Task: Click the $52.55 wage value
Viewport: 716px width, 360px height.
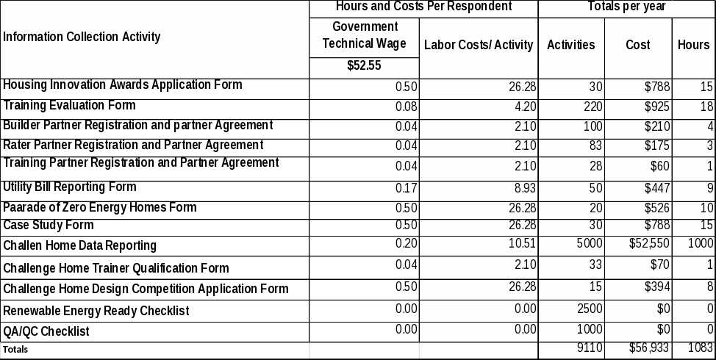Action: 364,65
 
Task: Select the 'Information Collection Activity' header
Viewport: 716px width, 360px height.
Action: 82,37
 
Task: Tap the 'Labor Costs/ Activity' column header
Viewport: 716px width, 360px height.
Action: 479,45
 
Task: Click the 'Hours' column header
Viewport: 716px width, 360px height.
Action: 693,45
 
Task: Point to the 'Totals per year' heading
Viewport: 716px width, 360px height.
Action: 626,7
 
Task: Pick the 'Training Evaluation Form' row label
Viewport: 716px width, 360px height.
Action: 70,105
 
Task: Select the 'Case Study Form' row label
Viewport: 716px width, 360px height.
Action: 49,225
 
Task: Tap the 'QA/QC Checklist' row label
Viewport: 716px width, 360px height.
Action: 46,331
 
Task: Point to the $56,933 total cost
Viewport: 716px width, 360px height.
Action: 648,348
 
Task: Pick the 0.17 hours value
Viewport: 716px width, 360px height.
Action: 407,187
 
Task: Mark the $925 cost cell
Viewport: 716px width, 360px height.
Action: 656,107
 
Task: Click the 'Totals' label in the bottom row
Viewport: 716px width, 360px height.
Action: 15,350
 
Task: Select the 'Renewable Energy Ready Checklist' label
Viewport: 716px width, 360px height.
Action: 96,311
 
